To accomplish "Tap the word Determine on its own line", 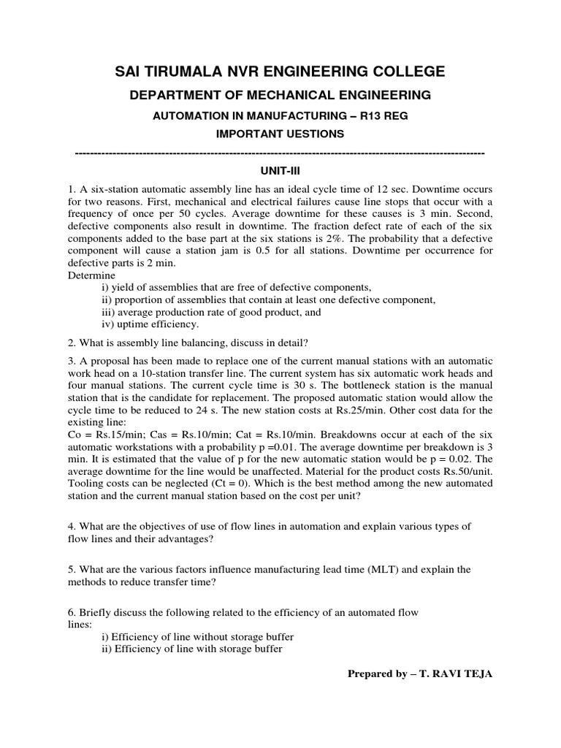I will (91, 275).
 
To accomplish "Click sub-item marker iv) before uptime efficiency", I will (107, 324).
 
